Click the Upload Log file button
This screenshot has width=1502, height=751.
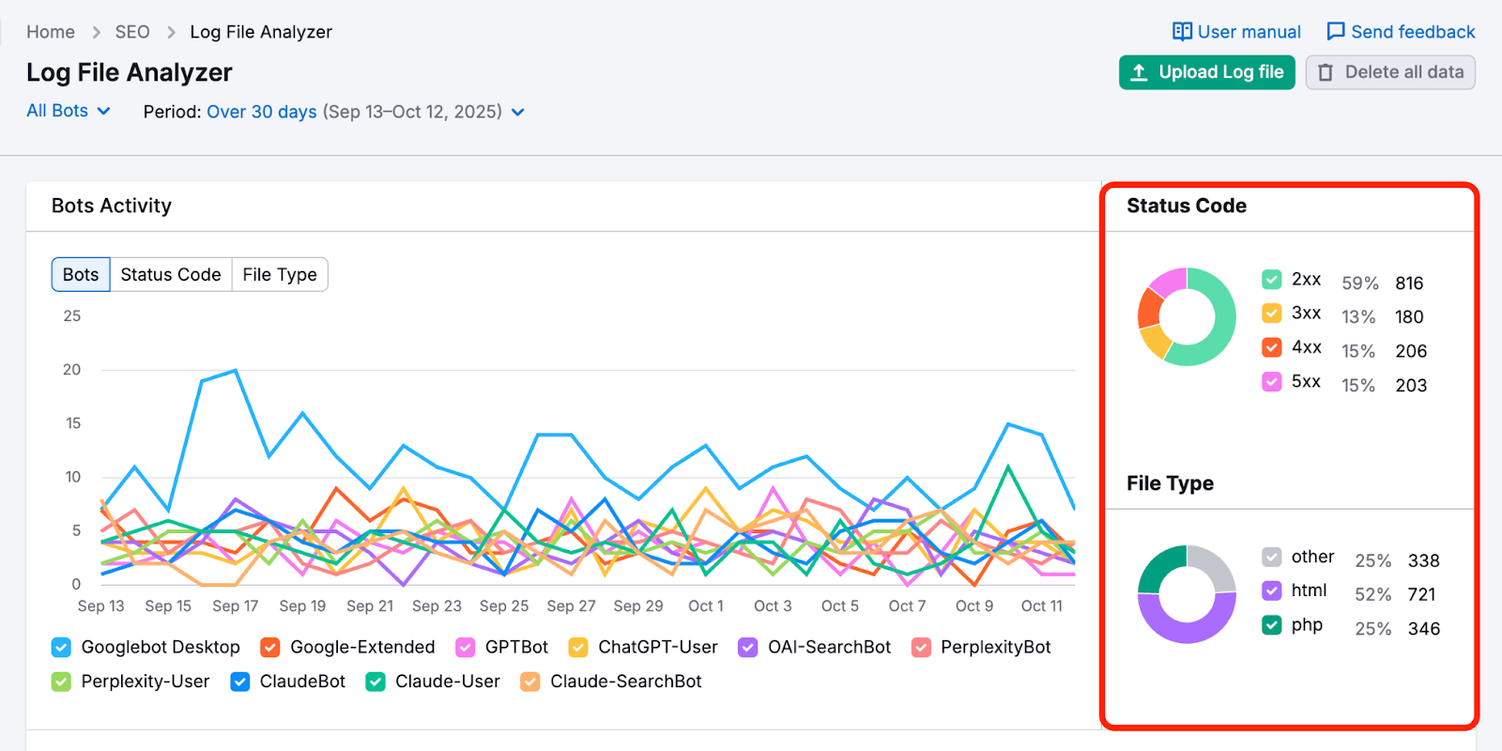(x=1206, y=72)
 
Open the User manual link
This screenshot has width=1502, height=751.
(x=1236, y=32)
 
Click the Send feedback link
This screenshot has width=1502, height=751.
(x=1401, y=32)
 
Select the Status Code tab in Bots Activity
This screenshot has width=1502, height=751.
(x=170, y=275)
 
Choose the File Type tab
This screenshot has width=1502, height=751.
(x=280, y=275)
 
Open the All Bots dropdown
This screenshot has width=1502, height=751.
(x=69, y=111)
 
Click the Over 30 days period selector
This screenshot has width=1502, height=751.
(x=261, y=112)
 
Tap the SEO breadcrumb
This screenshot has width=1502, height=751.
(x=132, y=32)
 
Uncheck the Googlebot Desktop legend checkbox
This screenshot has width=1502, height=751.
(x=61, y=648)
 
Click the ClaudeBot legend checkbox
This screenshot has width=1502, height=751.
(x=240, y=682)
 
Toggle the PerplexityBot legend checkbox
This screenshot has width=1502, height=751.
(x=921, y=648)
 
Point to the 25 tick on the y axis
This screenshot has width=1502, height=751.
(x=72, y=316)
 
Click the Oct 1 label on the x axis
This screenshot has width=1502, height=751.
(x=706, y=606)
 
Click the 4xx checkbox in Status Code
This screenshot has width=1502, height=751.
(x=1272, y=347)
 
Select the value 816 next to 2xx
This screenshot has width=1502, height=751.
(x=1409, y=284)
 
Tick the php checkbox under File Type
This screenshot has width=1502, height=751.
(x=1272, y=625)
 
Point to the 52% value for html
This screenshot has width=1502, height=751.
(x=1372, y=595)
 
